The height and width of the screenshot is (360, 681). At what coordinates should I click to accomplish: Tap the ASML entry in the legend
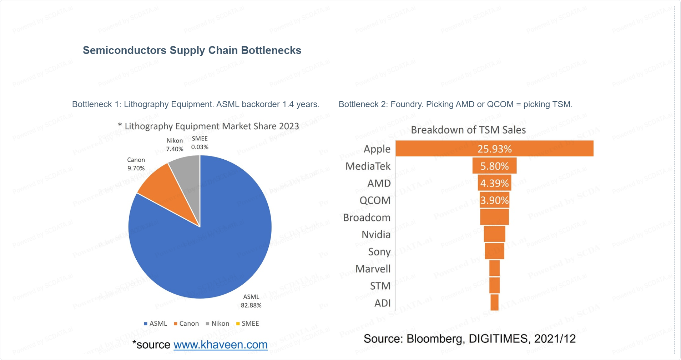point(155,324)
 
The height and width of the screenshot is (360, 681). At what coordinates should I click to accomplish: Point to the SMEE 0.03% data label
point(200,143)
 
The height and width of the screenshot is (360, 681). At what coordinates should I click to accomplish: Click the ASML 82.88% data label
point(251,301)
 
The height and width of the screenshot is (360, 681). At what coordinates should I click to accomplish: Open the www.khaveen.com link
point(220,345)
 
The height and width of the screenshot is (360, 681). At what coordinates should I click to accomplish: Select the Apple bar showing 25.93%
point(494,149)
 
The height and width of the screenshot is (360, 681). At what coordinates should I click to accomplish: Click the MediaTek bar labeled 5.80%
point(494,166)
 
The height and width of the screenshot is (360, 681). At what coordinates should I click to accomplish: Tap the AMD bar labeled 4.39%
point(494,183)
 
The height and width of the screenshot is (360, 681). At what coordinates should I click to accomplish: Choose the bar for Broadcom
point(494,217)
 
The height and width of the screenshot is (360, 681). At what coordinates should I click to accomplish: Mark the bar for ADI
point(494,302)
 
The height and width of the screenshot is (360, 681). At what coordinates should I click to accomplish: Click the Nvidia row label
point(376,235)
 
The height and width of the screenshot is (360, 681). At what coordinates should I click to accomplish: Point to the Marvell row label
point(373,269)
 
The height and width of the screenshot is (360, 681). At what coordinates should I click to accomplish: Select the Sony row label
point(379,252)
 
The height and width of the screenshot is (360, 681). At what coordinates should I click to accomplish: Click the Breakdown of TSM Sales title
point(468,130)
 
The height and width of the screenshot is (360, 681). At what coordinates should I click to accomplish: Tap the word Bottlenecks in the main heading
point(271,50)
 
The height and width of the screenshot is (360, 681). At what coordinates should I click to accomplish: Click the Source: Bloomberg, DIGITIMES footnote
point(469,339)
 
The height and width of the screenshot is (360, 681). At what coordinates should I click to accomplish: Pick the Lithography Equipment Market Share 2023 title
point(211,126)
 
